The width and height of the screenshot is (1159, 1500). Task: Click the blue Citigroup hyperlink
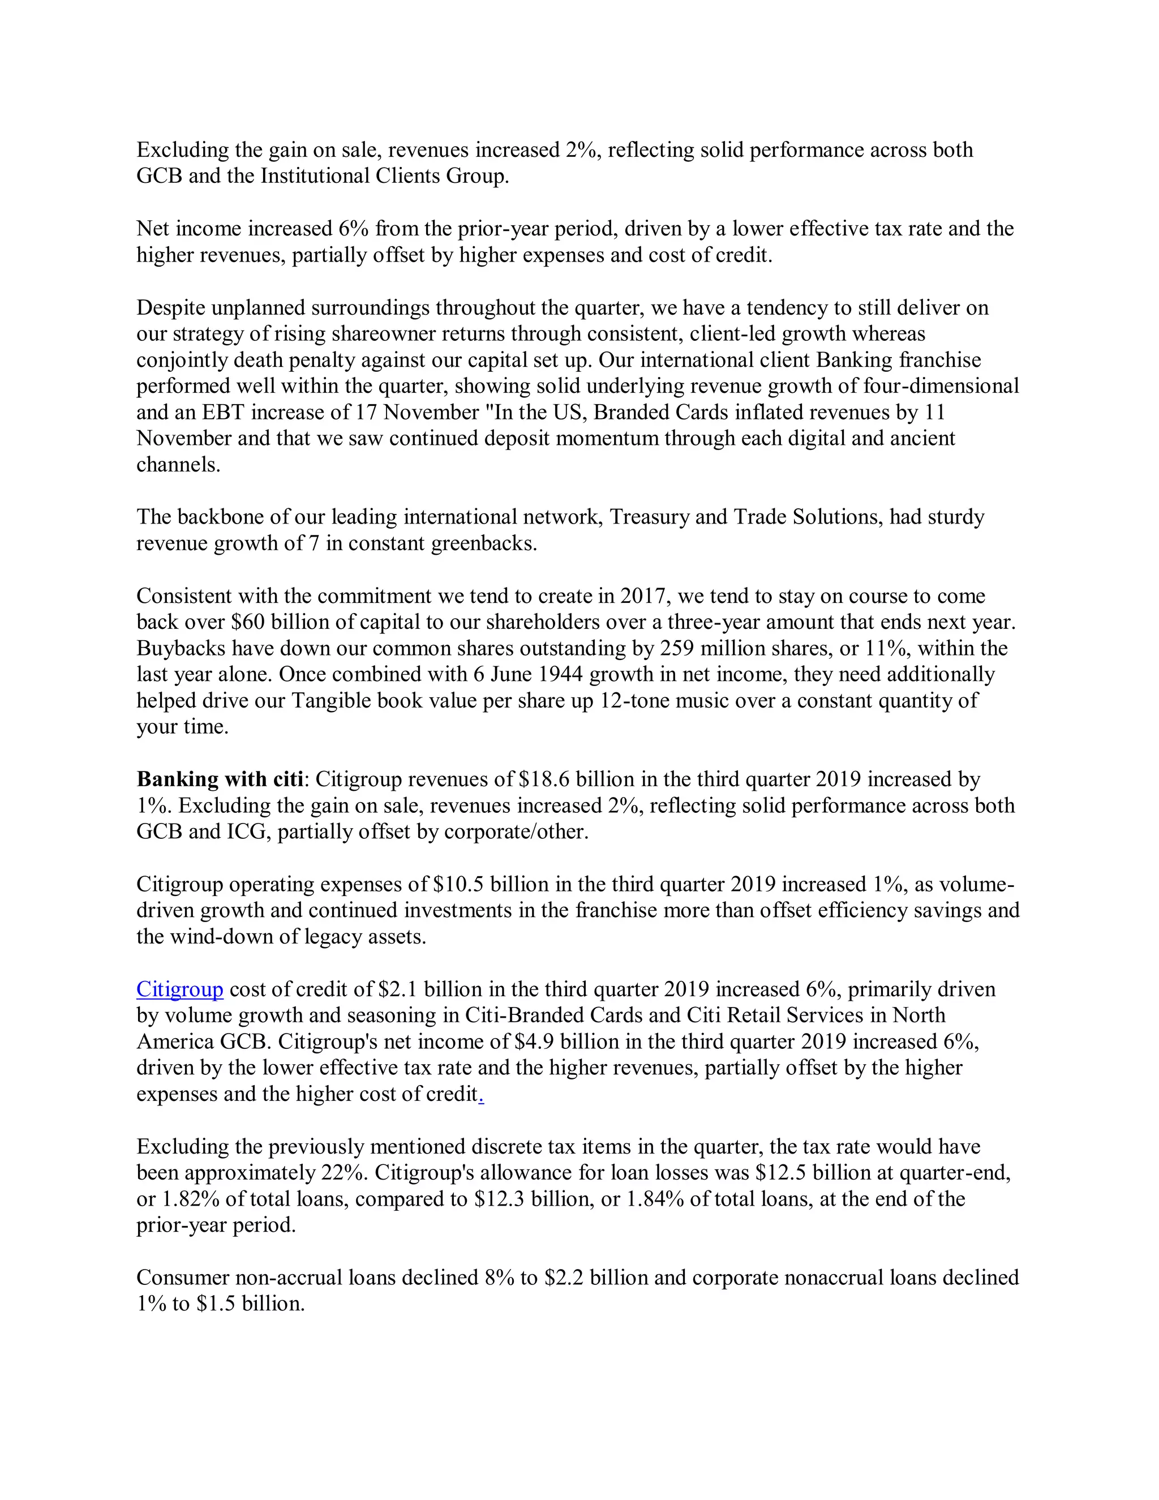[179, 989]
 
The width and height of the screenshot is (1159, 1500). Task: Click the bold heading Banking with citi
[220, 779]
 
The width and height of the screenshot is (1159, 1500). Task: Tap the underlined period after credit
[482, 1095]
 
